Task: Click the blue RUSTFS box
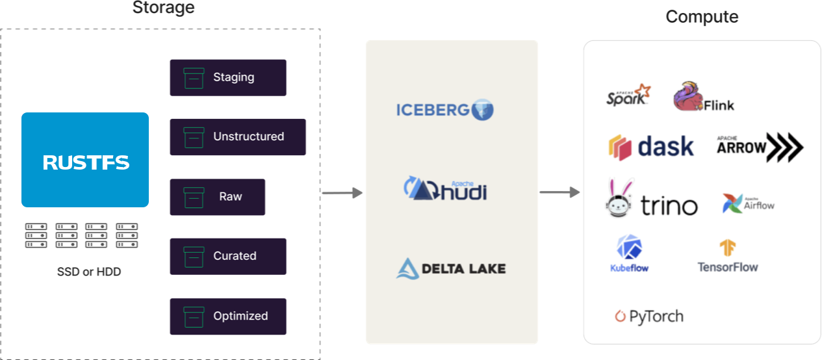tap(85, 160)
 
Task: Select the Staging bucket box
tap(228, 77)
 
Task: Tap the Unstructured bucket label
tap(248, 136)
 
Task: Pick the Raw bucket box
tap(218, 197)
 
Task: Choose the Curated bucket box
tap(228, 256)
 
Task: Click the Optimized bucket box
tap(228, 316)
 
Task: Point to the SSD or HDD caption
tap(88, 272)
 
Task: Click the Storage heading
tap(163, 8)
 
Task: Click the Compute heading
tap(702, 17)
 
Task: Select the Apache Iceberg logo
tap(445, 109)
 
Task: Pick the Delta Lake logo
tap(451, 268)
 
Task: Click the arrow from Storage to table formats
tap(342, 193)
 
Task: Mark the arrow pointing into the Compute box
tap(559, 192)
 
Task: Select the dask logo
tap(651, 147)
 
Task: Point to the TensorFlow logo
tap(727, 257)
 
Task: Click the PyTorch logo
tap(649, 316)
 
